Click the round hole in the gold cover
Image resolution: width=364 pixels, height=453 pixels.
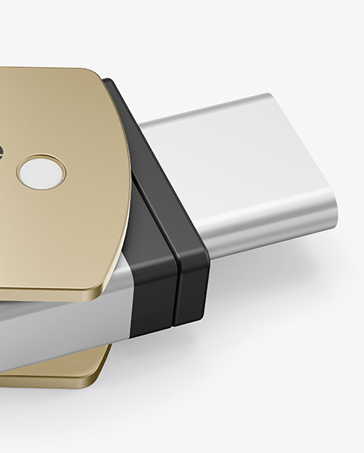tap(41, 173)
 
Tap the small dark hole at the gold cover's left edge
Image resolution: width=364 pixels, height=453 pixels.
tap(2, 152)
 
